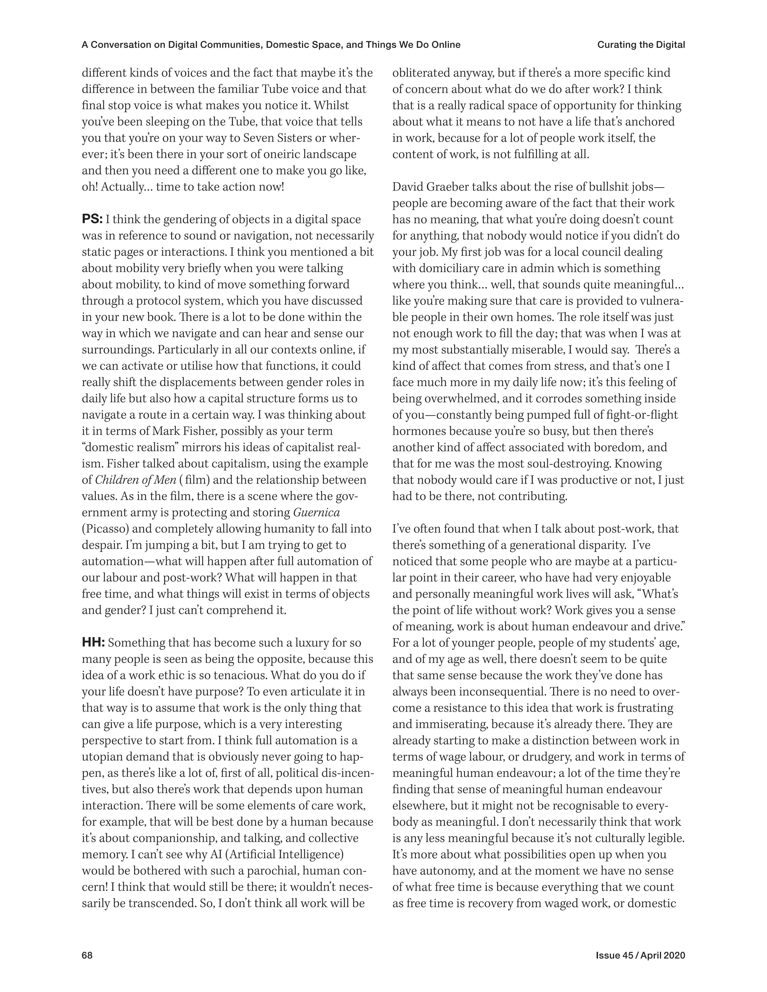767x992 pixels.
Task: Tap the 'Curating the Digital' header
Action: [x=641, y=45]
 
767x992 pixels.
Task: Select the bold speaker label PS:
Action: [x=92, y=219]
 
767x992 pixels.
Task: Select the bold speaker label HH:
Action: [x=93, y=643]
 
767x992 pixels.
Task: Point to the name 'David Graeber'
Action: [x=432, y=187]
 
